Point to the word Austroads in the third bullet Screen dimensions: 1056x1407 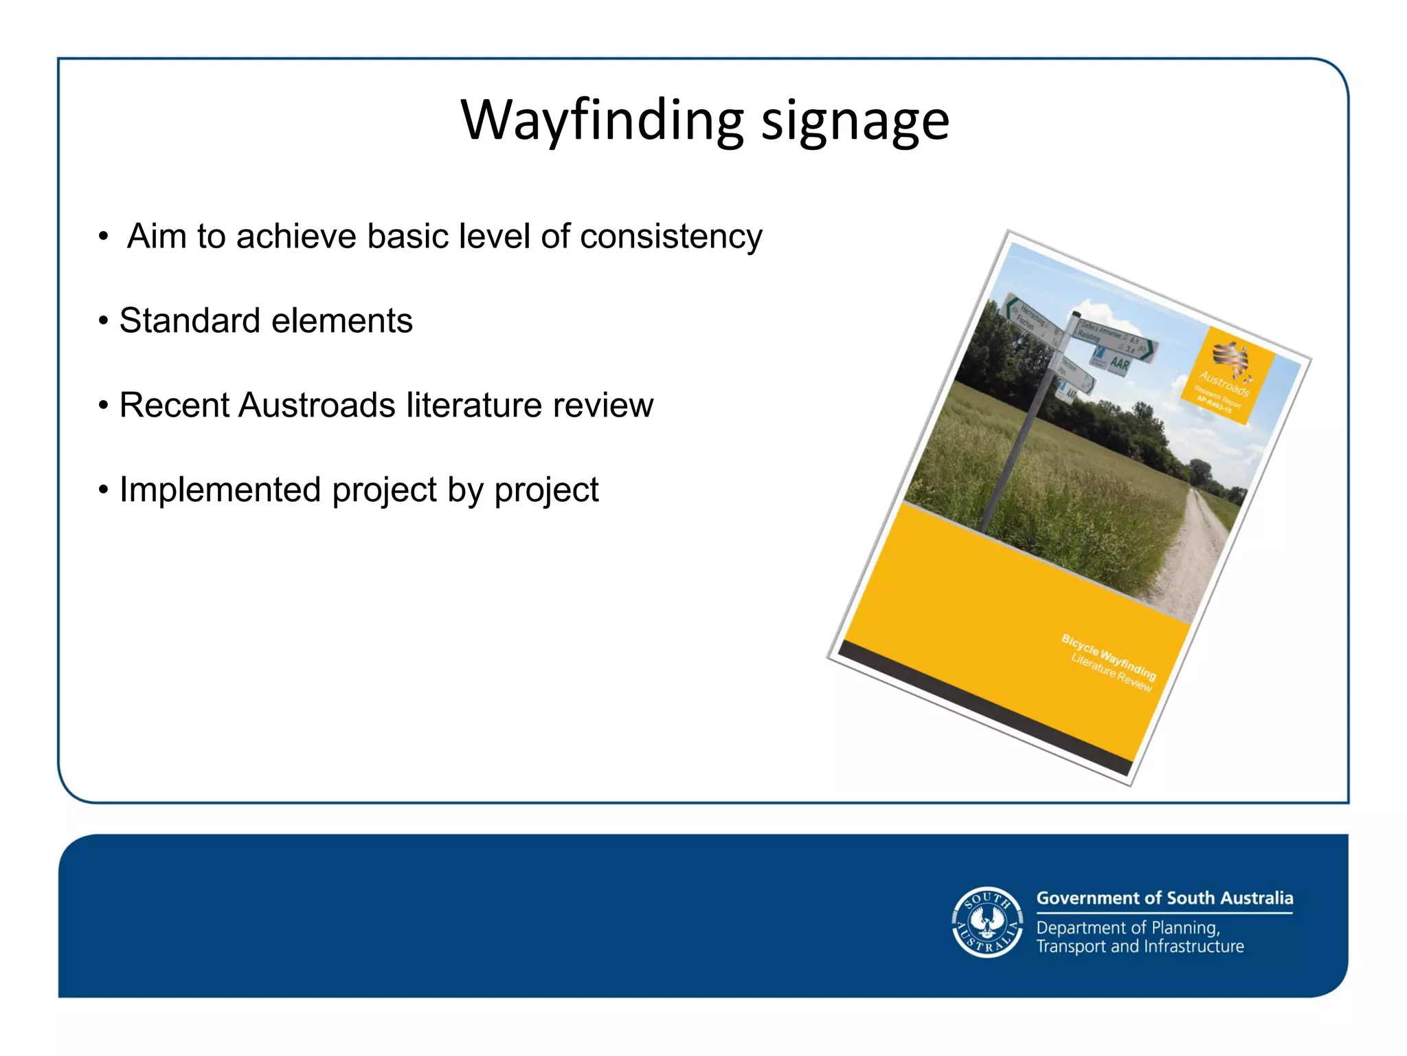click(317, 405)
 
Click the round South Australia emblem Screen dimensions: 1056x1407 click(987, 922)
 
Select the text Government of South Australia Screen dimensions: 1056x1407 click(1164, 898)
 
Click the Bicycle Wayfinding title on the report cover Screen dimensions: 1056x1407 click(1107, 657)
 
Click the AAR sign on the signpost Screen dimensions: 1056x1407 click(1119, 364)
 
